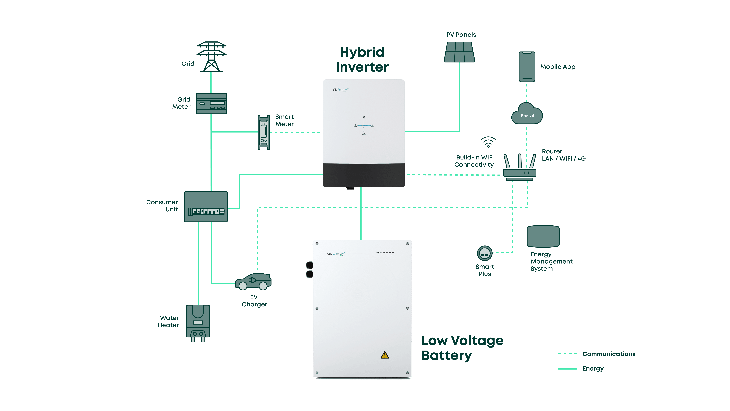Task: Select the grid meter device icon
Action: click(x=211, y=104)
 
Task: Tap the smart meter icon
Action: click(x=264, y=132)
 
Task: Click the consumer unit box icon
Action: click(x=206, y=207)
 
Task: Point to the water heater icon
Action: click(x=198, y=323)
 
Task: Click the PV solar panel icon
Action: click(x=459, y=52)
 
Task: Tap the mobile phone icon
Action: click(x=527, y=67)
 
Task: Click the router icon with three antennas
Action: click(x=520, y=167)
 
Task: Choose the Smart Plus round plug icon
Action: click(x=485, y=253)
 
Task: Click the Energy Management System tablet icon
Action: click(x=543, y=236)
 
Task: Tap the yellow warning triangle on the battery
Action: click(x=385, y=355)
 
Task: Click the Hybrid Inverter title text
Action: click(x=362, y=60)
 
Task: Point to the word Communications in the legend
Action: click(x=609, y=354)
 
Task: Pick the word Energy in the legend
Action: click(x=593, y=369)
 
